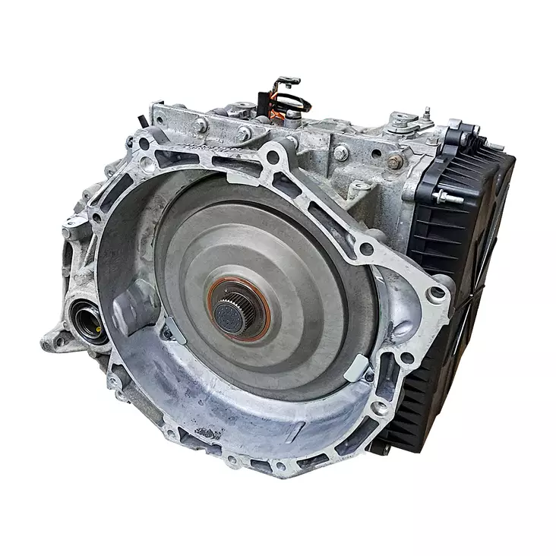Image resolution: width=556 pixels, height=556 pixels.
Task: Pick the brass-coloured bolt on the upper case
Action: tap(395, 161)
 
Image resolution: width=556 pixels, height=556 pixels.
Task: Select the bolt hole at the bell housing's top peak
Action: tap(271, 158)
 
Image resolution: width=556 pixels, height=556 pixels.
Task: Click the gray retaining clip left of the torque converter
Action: tap(172, 327)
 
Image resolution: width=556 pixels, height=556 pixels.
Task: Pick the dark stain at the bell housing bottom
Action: tap(205, 433)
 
